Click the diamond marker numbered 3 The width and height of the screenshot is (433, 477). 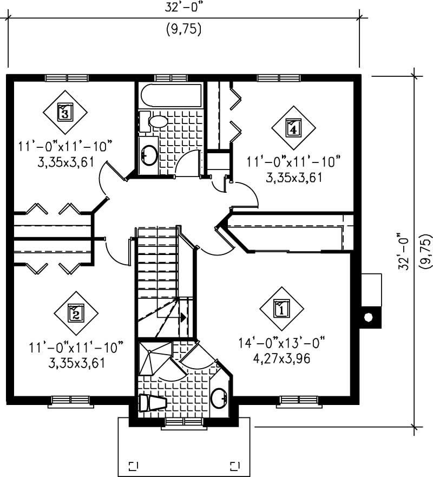(x=65, y=113)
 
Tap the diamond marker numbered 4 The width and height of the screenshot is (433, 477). (x=293, y=128)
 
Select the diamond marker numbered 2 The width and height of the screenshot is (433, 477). (x=76, y=312)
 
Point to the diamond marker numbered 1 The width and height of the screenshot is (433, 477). (x=281, y=310)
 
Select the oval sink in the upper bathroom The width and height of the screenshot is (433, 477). (x=149, y=155)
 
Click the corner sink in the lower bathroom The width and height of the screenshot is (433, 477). (x=220, y=398)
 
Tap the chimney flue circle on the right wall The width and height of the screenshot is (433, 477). (x=369, y=317)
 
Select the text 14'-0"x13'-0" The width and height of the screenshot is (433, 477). (x=281, y=343)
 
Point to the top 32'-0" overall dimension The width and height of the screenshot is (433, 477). (x=184, y=8)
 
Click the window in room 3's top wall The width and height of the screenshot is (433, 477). (x=67, y=77)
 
